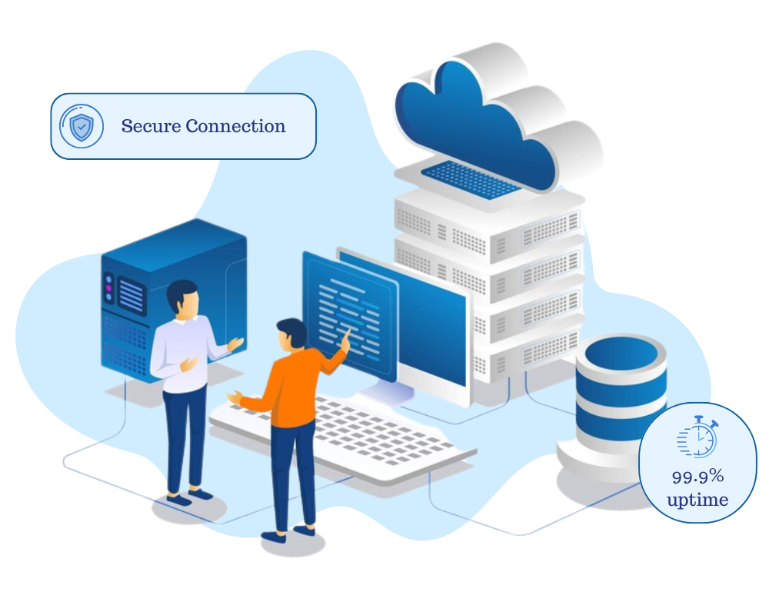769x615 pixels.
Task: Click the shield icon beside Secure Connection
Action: (81, 127)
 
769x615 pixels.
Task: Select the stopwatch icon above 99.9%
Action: (698, 438)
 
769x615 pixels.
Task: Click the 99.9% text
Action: (697, 477)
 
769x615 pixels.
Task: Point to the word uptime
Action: (697, 500)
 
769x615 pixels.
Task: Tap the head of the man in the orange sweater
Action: (291, 335)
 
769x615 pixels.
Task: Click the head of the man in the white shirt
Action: (183, 297)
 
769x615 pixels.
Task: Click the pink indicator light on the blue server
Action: (109, 295)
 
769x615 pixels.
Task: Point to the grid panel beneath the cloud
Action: (469, 179)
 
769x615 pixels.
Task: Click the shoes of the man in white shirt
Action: (188, 497)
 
